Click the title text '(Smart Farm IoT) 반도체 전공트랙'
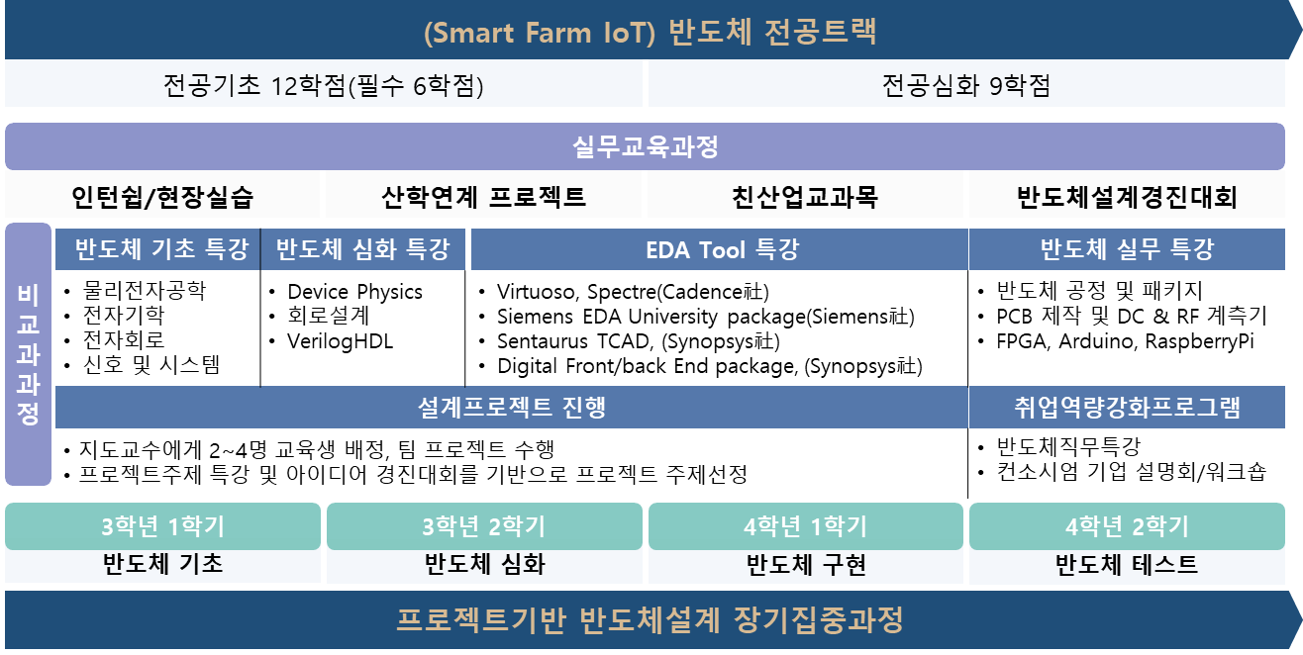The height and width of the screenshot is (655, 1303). pos(650,32)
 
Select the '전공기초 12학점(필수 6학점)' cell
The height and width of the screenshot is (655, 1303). pos(324,86)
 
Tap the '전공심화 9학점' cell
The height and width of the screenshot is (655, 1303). pos(965,86)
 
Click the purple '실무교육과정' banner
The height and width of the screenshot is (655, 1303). pos(645,147)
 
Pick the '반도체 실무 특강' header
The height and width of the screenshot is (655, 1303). pos(1127,248)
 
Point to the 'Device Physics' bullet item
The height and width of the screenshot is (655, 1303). pos(354,292)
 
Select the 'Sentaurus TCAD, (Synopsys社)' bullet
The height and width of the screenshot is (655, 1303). pos(638,341)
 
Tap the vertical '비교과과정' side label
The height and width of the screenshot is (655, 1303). pos(28,354)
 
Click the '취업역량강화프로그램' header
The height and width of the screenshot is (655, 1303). pos(1127,407)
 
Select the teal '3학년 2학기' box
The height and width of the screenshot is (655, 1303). pos(484,526)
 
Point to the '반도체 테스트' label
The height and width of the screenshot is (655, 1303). pos(1127,565)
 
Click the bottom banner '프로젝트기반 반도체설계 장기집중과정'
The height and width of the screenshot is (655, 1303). pos(650,620)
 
